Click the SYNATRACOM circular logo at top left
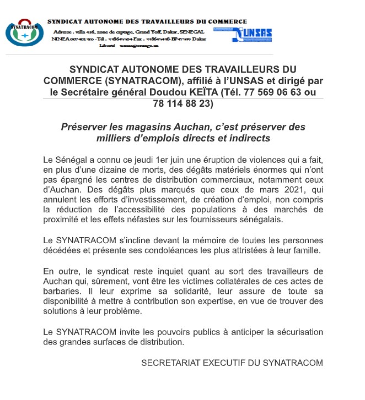pos(24,34)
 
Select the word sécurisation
pos(296,332)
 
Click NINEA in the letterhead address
pos(61,39)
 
